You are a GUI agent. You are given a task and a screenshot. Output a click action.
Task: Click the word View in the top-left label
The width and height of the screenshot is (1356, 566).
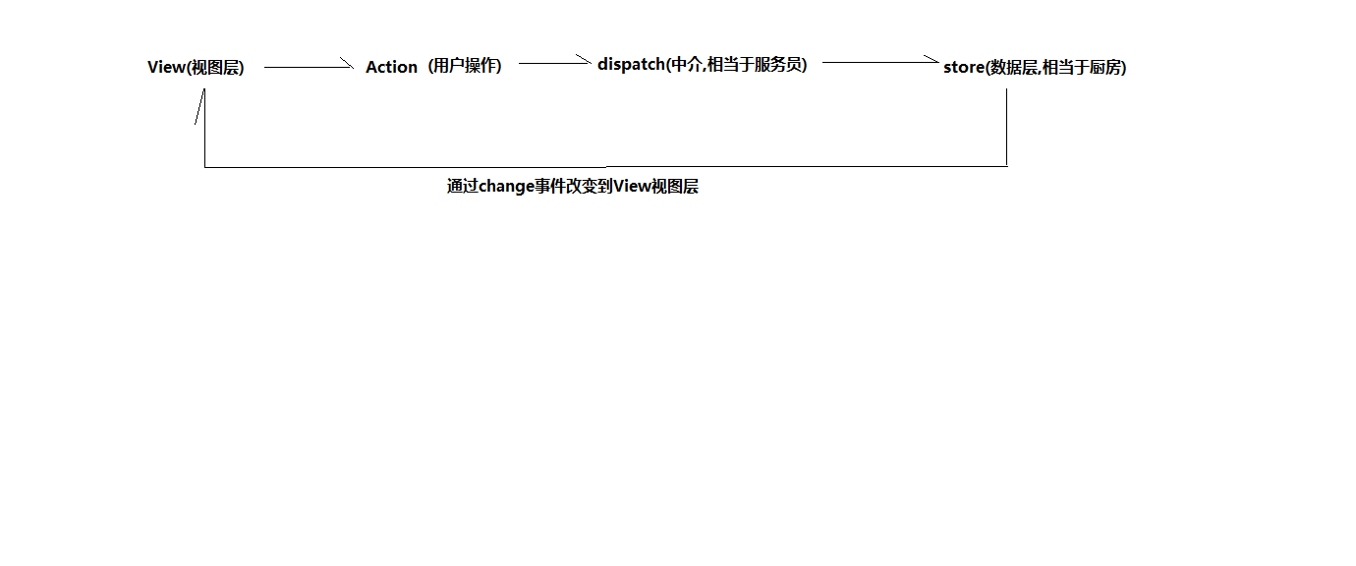(166, 67)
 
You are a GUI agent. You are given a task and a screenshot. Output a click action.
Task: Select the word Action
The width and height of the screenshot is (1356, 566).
(391, 67)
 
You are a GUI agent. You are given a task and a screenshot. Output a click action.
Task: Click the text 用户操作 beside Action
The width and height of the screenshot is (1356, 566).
(464, 66)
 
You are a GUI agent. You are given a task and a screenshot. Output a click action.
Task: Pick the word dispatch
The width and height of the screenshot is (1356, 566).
(631, 64)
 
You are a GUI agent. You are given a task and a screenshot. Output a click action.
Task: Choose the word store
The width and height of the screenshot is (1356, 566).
(963, 67)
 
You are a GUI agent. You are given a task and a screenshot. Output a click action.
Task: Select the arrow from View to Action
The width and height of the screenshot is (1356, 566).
(308, 67)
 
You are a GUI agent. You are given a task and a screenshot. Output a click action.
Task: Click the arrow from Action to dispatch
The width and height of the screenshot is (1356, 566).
(554, 63)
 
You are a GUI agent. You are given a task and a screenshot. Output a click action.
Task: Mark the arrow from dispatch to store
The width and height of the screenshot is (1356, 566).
(880, 62)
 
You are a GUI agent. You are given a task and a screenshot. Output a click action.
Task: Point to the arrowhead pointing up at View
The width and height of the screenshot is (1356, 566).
(201, 104)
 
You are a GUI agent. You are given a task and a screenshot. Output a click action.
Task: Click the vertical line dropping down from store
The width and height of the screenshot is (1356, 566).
(1006, 128)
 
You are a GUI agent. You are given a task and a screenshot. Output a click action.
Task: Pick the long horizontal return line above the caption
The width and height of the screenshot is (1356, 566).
(605, 166)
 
